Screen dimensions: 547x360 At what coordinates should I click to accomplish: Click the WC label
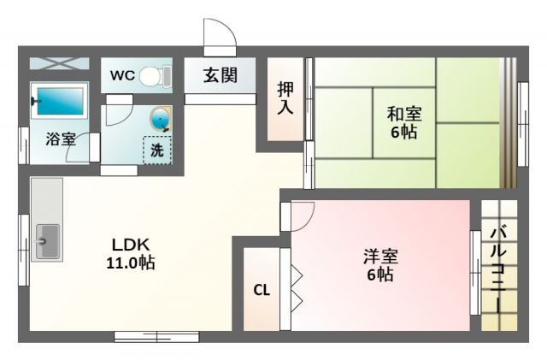(x=122, y=75)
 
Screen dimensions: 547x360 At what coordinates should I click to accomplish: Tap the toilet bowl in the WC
(x=151, y=76)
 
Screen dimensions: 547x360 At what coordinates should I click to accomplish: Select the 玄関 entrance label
(x=221, y=75)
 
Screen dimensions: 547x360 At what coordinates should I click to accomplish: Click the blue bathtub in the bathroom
(x=61, y=101)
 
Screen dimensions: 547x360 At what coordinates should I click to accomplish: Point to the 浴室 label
(x=61, y=139)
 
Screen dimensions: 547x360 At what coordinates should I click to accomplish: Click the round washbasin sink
(x=161, y=119)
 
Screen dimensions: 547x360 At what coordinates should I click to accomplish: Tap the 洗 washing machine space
(x=157, y=150)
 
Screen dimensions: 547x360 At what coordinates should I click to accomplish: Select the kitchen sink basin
(x=47, y=241)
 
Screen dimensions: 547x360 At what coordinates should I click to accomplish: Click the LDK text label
(x=131, y=245)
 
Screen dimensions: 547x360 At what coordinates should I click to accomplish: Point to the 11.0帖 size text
(x=131, y=263)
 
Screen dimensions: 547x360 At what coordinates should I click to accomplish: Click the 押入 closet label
(x=285, y=99)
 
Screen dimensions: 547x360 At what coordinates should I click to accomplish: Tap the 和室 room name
(x=404, y=115)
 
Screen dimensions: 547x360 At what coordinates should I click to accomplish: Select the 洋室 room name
(x=380, y=257)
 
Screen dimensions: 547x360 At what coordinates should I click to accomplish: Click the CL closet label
(x=262, y=290)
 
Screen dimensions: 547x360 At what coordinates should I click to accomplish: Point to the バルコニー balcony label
(x=498, y=269)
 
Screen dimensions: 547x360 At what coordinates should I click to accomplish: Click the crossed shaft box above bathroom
(x=59, y=63)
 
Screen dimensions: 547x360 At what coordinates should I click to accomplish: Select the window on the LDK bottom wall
(x=156, y=337)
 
